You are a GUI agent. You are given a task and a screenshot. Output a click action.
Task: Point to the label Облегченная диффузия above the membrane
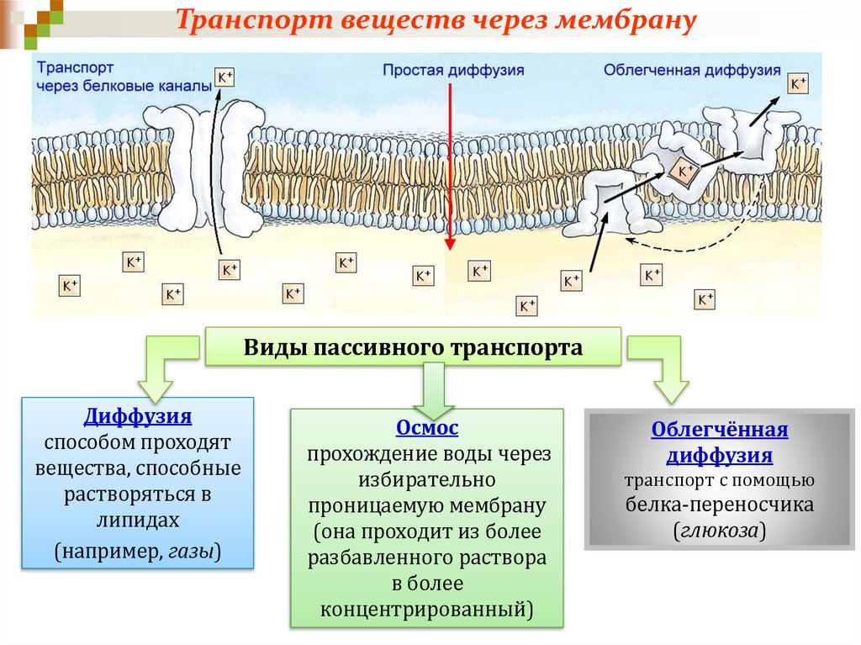click(x=692, y=71)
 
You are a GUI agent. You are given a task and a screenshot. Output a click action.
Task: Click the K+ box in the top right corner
click(x=797, y=83)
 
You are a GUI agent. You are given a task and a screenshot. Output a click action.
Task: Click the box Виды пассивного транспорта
click(x=414, y=347)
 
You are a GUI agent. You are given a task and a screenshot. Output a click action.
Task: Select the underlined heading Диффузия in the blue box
click(x=138, y=416)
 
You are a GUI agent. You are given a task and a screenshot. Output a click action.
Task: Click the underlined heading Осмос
click(x=427, y=428)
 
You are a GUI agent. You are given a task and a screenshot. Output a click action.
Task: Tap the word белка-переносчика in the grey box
click(x=720, y=505)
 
